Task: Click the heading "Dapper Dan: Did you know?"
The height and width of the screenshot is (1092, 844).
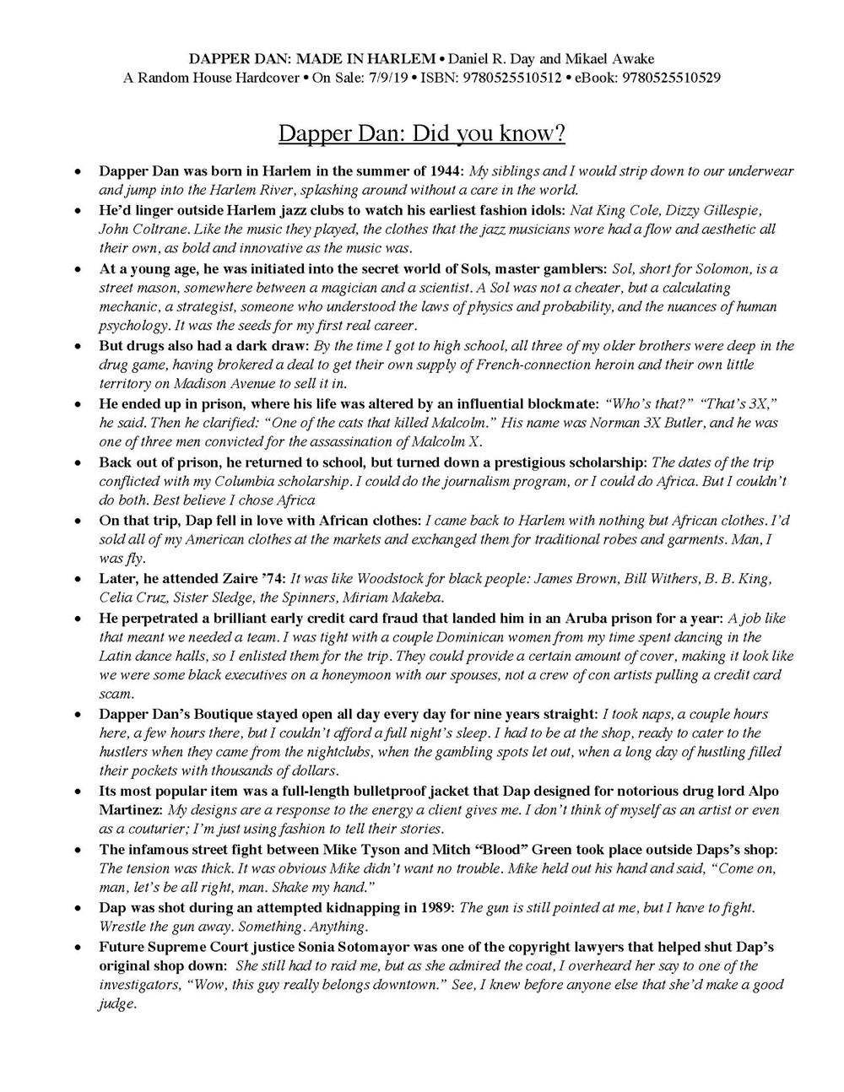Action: (421, 134)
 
